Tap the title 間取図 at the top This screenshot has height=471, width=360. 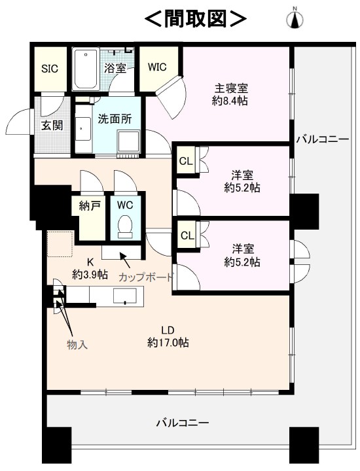pyautogui.click(x=195, y=18)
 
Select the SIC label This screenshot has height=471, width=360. pyautogui.click(x=50, y=69)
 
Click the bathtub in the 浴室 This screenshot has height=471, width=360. pyautogui.click(x=86, y=70)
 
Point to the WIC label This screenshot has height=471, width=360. pyautogui.click(x=157, y=67)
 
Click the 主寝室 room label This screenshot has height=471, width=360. pyautogui.click(x=231, y=88)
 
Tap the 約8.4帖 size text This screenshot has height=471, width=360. pyautogui.click(x=230, y=101)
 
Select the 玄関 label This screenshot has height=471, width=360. pyautogui.click(x=52, y=125)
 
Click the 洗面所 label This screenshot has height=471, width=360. pyautogui.click(x=115, y=119)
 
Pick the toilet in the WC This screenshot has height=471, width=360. pyautogui.click(x=125, y=224)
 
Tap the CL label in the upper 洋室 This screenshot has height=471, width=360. pyautogui.click(x=185, y=162)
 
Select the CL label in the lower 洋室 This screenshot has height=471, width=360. pyautogui.click(x=187, y=235)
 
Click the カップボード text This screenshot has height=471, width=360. pyautogui.click(x=146, y=277)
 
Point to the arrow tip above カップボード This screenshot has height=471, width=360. pyautogui.click(x=120, y=253)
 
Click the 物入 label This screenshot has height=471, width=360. pyautogui.click(x=77, y=345)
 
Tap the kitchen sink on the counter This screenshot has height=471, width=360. pyautogui.click(x=125, y=296)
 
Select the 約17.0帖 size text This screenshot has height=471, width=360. pyautogui.click(x=168, y=342)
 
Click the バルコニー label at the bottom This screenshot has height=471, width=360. pyautogui.click(x=183, y=423)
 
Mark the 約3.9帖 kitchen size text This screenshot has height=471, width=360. pyautogui.click(x=90, y=274)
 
